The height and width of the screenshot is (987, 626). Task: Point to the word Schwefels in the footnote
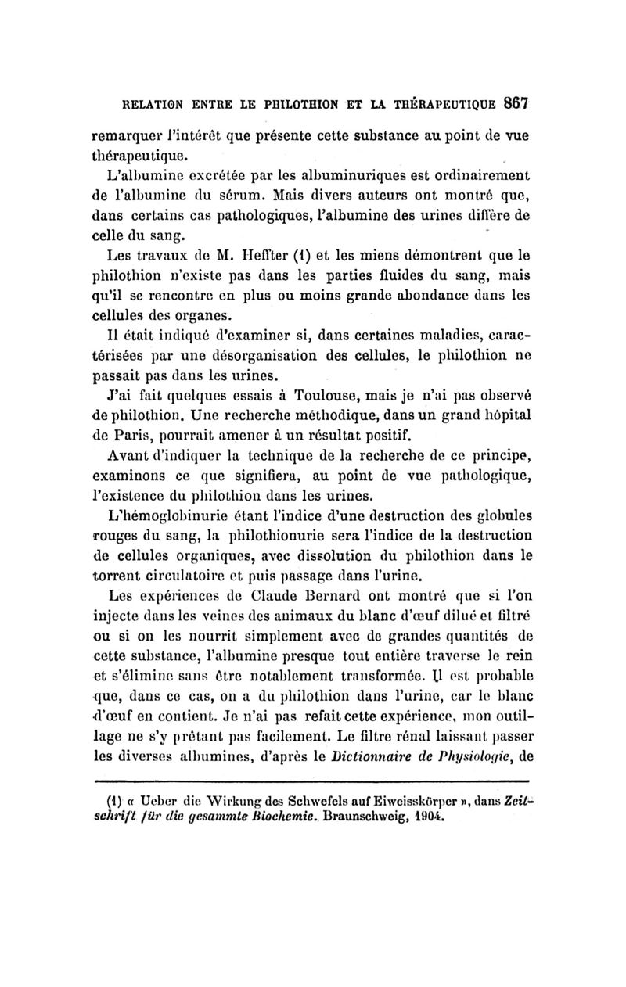pyautogui.click(x=284, y=799)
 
